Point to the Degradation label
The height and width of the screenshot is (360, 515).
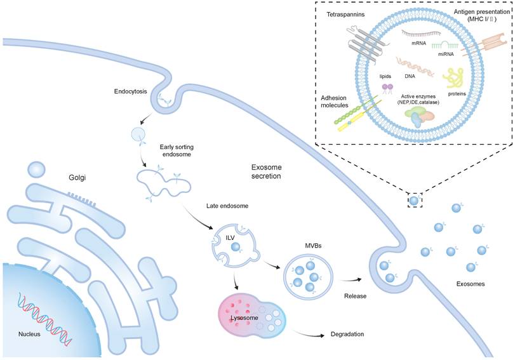pos(349,334)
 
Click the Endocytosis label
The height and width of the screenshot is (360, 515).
pos(131,91)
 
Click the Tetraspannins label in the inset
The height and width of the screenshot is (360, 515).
pos(345,15)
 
